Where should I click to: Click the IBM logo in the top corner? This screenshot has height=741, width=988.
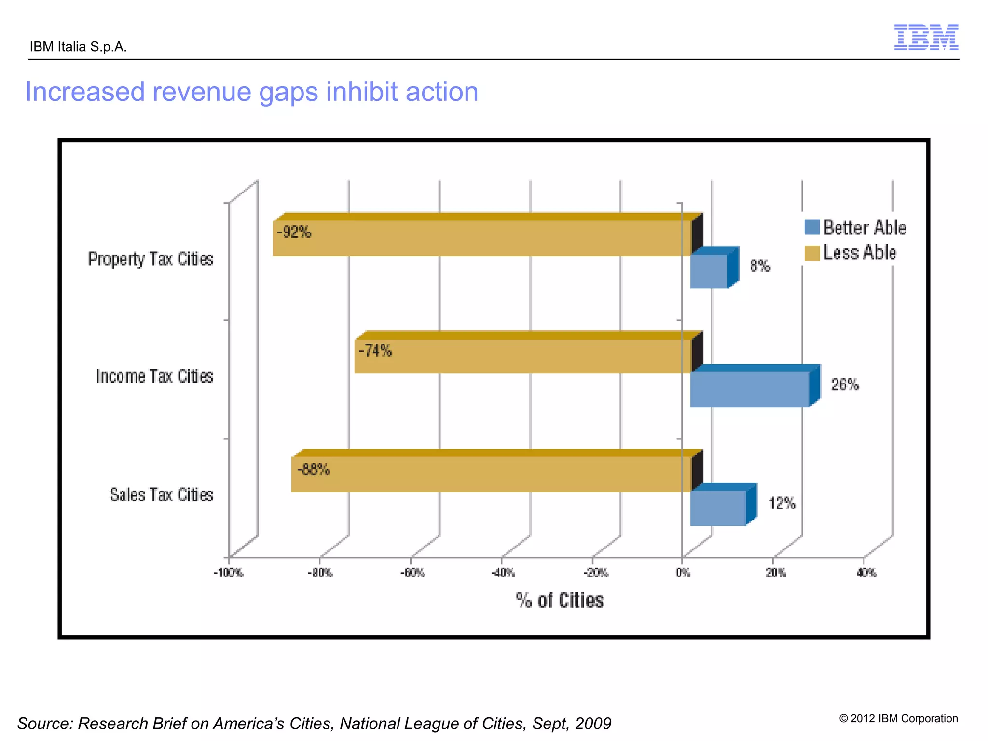coord(926,37)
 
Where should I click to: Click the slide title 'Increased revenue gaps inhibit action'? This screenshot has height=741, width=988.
coord(251,92)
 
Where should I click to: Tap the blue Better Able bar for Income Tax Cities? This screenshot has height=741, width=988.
coord(750,389)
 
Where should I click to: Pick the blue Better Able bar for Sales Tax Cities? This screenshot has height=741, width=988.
coord(718,508)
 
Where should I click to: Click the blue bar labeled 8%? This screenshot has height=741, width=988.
coord(709,271)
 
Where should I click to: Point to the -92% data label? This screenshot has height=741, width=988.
coord(294,232)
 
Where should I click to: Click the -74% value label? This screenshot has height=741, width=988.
coord(375,350)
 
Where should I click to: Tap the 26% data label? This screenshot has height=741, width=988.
coord(845,384)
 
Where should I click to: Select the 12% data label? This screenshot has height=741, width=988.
coord(782,503)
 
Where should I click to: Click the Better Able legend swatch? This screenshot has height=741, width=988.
coord(812,227)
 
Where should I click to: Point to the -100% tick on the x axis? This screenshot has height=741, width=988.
coord(228,573)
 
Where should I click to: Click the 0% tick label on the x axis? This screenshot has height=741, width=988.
coord(683,573)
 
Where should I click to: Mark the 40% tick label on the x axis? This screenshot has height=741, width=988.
coord(866,573)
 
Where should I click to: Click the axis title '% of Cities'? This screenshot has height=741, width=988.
coord(560,601)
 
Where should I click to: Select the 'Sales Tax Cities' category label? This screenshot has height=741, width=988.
coord(161,495)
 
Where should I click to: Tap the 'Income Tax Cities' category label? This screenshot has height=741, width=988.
coord(154,376)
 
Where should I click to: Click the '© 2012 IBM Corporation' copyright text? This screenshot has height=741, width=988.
coord(898,718)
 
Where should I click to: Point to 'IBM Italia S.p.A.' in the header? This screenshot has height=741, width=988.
coord(78,47)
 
